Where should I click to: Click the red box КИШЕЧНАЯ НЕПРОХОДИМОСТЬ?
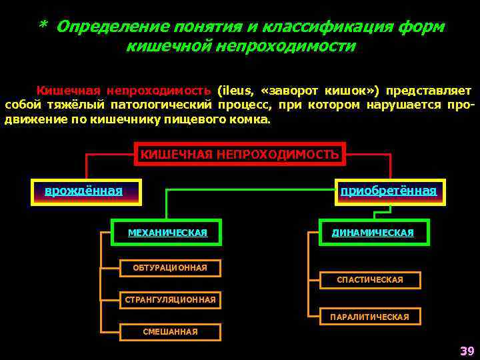pos(239,155)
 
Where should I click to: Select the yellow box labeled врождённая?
pos(85,192)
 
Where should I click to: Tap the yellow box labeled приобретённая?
pos(389,192)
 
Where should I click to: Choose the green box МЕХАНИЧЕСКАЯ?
pos(167,233)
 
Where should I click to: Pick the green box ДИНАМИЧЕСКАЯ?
pos(373,233)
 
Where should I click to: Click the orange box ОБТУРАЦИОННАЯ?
pos(169,268)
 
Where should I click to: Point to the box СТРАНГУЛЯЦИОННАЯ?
pos(170,300)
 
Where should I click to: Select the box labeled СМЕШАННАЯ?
pos(170,331)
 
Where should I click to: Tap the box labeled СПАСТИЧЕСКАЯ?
pos(370,280)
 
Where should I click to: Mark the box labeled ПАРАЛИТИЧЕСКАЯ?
pos(370,317)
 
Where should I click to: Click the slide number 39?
pos(465,351)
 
